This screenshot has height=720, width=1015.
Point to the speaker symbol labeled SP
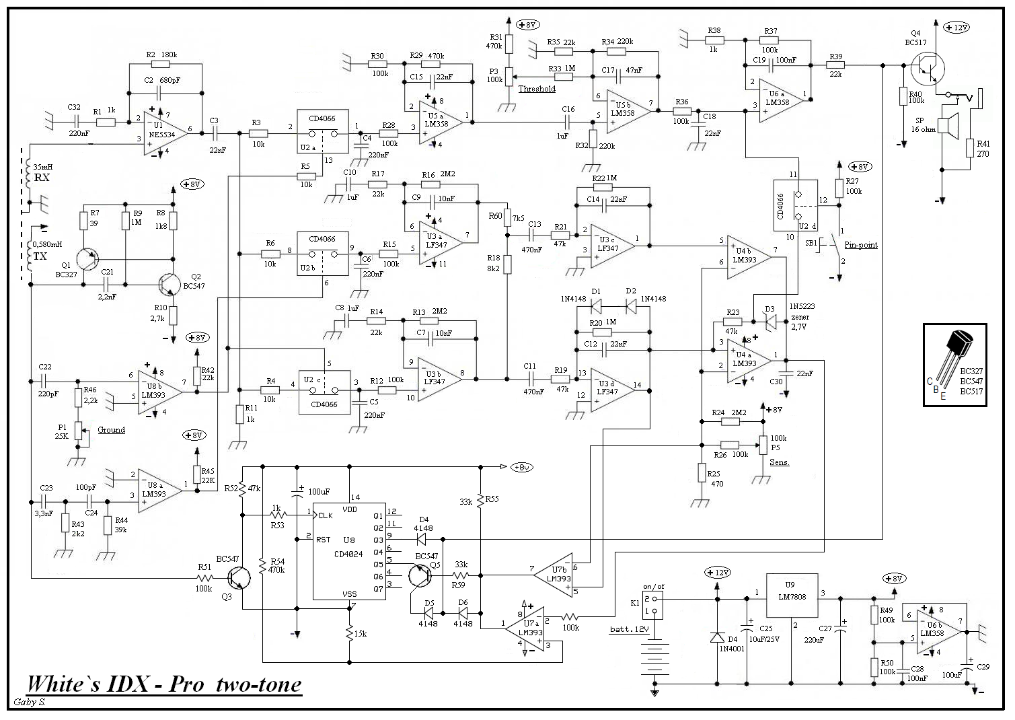(950, 127)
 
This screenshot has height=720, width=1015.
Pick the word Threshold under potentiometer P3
(537, 89)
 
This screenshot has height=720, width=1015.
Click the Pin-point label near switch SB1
(861, 245)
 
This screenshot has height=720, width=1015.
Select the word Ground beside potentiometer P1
(111, 430)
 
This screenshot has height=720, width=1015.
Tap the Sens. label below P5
(780, 462)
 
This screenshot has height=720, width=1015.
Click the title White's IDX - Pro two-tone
(163, 684)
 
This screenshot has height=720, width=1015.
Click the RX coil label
(42, 178)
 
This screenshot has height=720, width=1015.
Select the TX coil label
(42, 256)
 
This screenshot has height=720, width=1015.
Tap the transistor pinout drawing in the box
(954, 364)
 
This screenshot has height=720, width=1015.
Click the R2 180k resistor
(161, 65)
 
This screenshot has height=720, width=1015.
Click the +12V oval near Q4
(957, 28)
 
